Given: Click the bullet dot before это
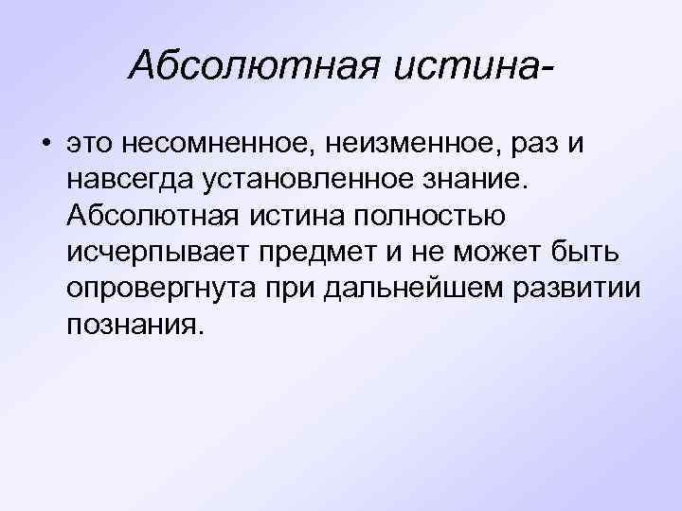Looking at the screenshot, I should [x=45, y=144].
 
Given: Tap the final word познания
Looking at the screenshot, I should [x=135, y=324].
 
